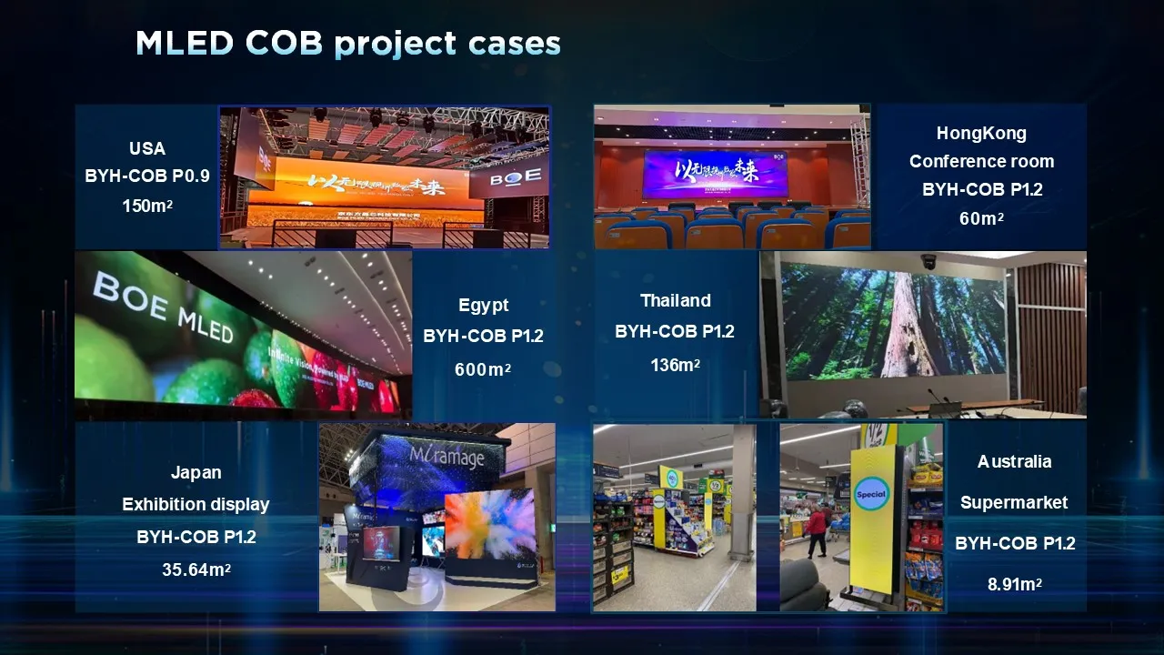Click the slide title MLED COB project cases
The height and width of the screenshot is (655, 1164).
[347, 43]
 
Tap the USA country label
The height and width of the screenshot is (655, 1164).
[147, 148]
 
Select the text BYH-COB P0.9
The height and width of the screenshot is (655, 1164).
[147, 176]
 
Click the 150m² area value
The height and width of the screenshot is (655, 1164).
[147, 207]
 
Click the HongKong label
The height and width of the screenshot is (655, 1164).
[981, 133]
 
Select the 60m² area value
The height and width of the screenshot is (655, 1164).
[981, 219]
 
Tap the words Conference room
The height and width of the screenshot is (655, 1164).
[981, 161]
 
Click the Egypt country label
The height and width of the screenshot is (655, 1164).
[483, 306]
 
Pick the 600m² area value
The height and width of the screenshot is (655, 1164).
[483, 370]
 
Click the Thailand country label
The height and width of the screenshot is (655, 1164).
[675, 300]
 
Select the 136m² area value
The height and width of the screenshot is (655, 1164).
[675, 366]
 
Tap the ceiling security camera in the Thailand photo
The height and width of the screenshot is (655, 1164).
[929, 261]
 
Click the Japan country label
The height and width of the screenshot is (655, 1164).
[196, 472]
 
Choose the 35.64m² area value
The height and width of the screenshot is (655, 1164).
[196, 570]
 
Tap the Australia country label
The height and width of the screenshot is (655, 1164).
[1014, 461]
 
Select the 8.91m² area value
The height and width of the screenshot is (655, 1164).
[1014, 585]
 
